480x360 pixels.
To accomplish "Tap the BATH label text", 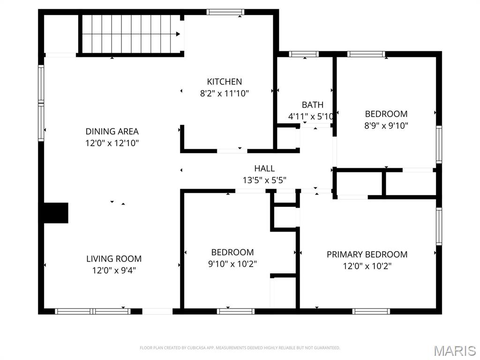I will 312,105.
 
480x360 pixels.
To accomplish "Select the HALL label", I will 264,168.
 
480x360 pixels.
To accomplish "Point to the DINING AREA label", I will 112,131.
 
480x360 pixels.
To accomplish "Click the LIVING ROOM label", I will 114,258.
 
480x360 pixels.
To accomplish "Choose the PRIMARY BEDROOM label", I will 367,254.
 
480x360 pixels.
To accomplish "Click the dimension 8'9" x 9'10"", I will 386,125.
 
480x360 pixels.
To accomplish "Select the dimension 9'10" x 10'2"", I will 232,263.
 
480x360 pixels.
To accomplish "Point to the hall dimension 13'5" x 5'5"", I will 264,180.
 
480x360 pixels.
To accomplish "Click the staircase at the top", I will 131,34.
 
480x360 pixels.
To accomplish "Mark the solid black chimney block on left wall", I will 56,212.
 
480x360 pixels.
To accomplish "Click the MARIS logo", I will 454,351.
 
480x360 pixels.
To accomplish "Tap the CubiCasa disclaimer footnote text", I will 240,348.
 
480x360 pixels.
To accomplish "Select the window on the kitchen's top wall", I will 225,12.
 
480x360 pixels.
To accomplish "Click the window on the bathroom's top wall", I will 304,54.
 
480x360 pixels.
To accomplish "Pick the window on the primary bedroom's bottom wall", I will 371,311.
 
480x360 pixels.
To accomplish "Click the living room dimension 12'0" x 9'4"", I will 114,270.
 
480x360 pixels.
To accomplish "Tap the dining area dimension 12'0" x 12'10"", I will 112,143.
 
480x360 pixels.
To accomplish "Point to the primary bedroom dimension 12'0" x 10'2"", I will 367,266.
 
